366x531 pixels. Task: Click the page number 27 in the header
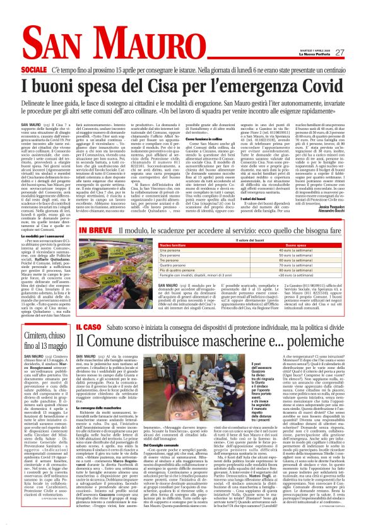339,52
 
